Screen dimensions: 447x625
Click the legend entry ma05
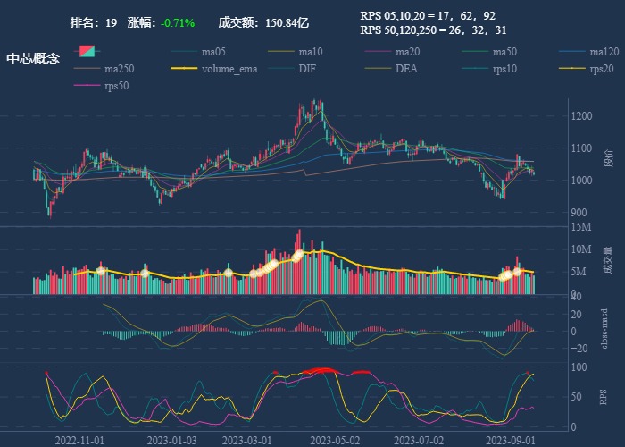coord(213,52)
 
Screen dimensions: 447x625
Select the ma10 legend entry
coord(311,52)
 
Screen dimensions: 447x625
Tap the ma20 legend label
coord(408,52)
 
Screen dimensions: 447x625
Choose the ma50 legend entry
coord(505,52)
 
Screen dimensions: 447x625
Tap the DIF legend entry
coord(306,69)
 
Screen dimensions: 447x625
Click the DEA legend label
coord(406,69)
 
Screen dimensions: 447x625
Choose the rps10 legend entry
coord(504,69)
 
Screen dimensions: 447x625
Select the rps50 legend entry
coord(116,86)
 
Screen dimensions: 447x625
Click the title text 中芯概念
coord(33,59)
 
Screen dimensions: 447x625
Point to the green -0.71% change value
coord(178,22)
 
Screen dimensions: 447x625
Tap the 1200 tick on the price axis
coord(581,116)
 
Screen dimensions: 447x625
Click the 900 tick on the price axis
coord(579,213)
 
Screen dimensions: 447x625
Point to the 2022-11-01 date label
coord(80,440)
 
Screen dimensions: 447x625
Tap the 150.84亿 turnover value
coord(287,22)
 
